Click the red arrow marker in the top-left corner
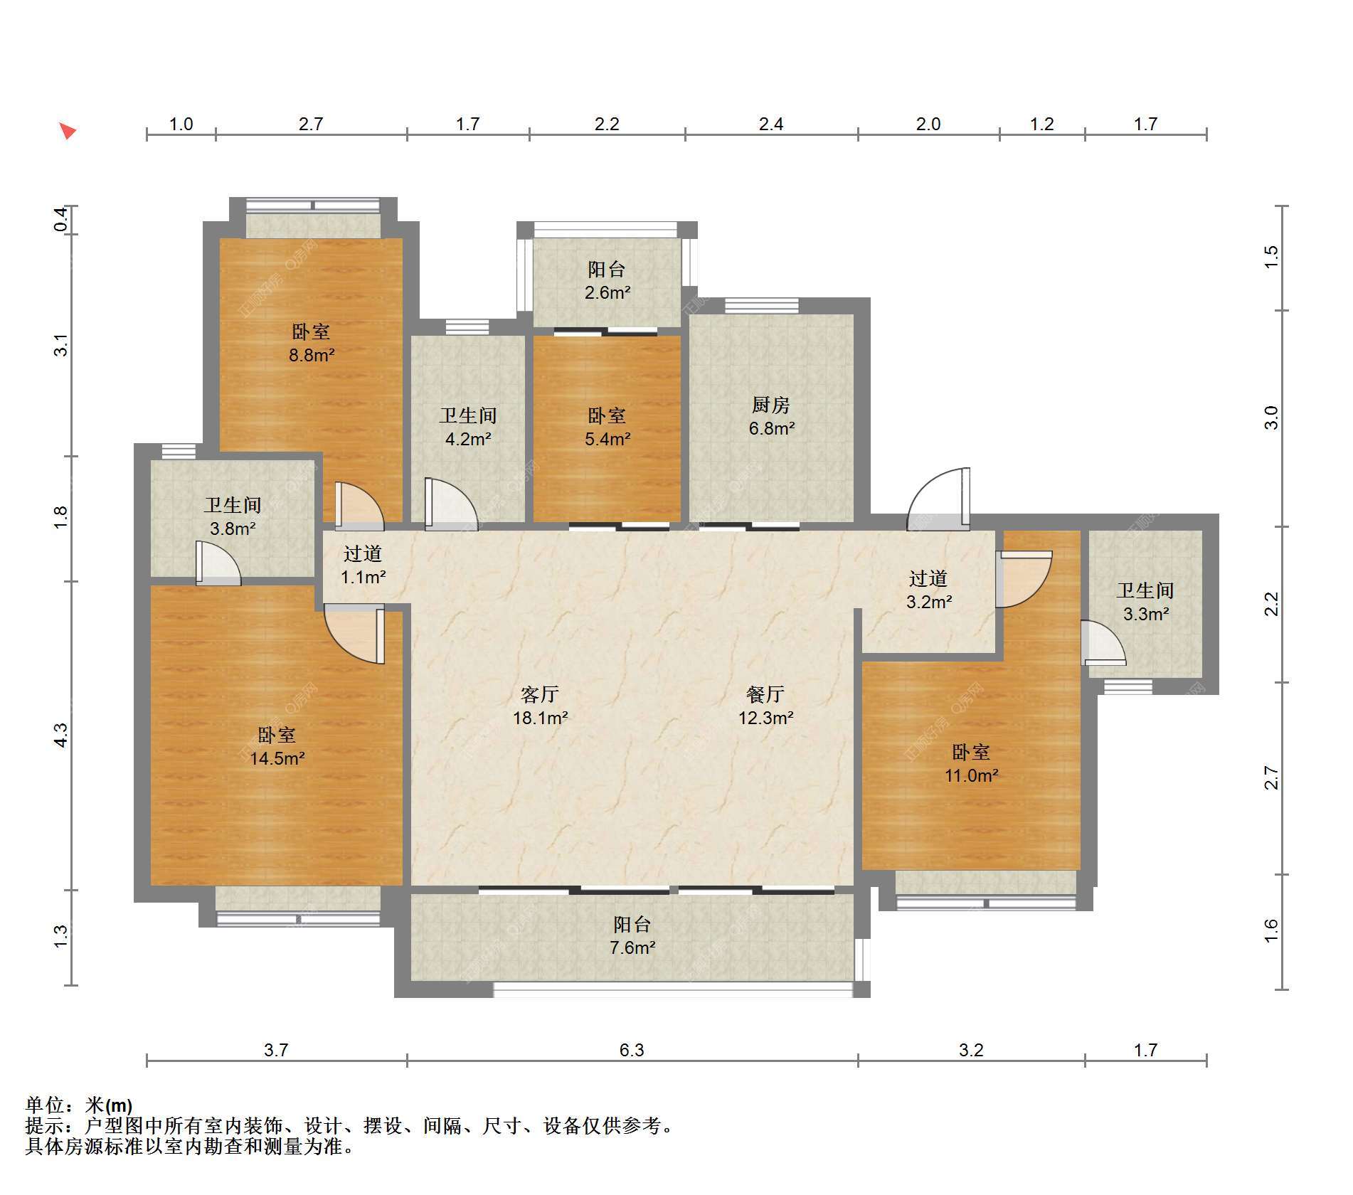click(x=68, y=131)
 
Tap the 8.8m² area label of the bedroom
click(x=312, y=354)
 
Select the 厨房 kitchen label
click(x=771, y=405)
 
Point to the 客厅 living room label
click(x=540, y=694)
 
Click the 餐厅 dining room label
click(x=765, y=694)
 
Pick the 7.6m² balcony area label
click(x=632, y=947)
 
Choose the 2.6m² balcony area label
click(x=607, y=292)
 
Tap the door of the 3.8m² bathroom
click(x=218, y=563)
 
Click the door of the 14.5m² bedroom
click(x=354, y=634)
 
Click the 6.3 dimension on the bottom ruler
click(x=632, y=1050)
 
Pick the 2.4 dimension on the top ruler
click(x=771, y=124)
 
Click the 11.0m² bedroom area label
click(x=971, y=775)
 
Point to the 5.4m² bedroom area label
click(x=607, y=439)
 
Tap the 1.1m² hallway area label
click(x=363, y=577)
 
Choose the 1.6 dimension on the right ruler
click(x=1271, y=931)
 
